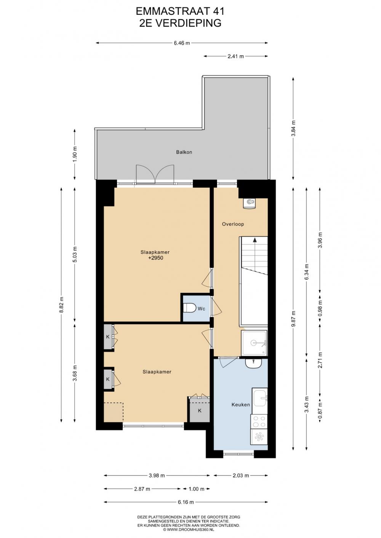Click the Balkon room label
point(184,152)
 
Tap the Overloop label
point(233,224)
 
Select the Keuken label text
point(241,405)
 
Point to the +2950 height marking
point(156,258)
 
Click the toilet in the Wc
point(189,308)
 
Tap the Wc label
point(202,309)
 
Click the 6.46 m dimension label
point(182,43)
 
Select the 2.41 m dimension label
point(235,56)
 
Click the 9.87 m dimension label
point(293,319)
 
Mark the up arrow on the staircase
point(255,239)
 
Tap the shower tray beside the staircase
point(255,343)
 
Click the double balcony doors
point(155,174)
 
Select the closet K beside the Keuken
point(200,410)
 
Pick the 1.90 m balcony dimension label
point(75,154)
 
